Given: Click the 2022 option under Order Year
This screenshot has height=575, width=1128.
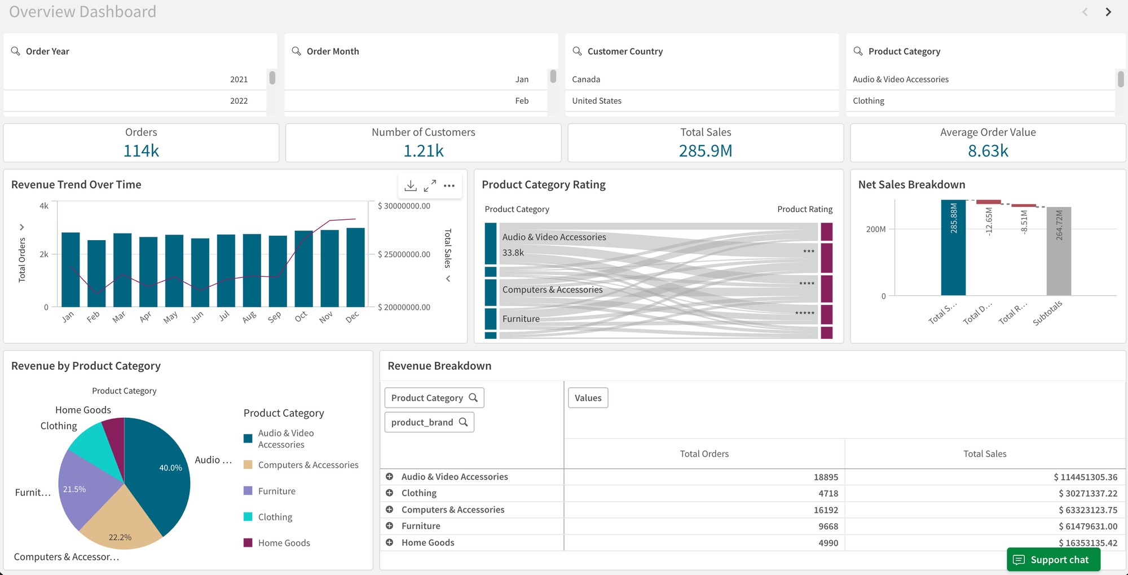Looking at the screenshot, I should tap(239, 101).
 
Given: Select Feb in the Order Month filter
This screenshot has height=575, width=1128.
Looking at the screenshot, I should tap(522, 101).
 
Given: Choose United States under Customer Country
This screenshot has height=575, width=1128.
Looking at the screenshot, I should tap(597, 101).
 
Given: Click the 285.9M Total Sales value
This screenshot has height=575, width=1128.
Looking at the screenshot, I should tap(705, 151).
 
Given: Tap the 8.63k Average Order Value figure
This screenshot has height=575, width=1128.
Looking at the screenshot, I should tap(988, 151).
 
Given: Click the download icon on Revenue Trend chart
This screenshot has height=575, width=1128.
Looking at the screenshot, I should tap(411, 185).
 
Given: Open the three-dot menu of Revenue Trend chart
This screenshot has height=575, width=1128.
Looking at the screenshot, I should tap(449, 185).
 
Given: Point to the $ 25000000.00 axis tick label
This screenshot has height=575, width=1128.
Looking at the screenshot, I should tap(404, 254).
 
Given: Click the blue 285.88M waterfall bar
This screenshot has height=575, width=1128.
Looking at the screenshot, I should tap(953, 248).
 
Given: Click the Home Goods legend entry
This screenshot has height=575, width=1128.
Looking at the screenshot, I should tap(284, 543).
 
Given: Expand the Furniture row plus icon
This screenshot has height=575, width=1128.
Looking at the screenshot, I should tap(389, 526).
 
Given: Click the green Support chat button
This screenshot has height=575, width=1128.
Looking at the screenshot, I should tap(1053, 559).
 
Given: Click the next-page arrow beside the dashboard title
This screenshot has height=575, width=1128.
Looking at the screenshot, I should tap(1108, 12).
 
